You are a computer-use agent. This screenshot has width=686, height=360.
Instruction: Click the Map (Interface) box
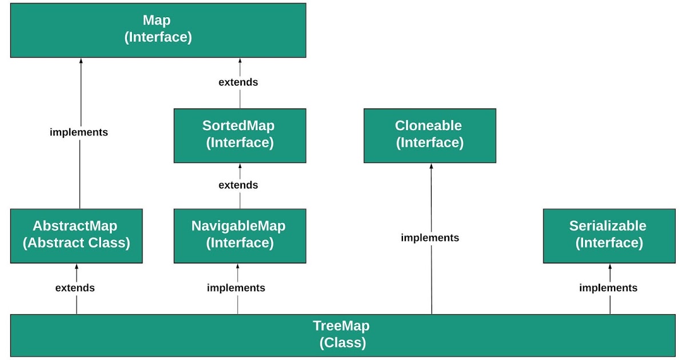[158, 30]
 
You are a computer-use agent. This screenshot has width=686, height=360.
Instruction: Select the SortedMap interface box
[240, 135]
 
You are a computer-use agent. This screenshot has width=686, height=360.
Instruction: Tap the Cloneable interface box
[429, 135]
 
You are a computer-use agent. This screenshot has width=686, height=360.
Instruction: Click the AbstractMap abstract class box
[76, 235]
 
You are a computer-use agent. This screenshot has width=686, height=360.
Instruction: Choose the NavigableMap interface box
[240, 235]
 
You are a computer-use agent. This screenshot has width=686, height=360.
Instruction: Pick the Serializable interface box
[609, 235]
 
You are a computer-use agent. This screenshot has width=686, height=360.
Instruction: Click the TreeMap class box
[341, 335]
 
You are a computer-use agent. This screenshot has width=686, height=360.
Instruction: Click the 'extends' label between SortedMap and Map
[238, 82]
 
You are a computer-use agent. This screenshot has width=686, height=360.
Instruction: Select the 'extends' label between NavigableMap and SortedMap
[238, 185]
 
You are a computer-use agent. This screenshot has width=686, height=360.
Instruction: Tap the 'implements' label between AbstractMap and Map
[79, 132]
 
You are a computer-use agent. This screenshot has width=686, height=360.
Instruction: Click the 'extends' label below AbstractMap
[75, 288]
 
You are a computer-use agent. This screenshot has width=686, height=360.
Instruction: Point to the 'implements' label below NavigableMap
[236, 288]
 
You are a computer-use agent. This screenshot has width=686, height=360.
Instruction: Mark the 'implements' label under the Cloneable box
[430, 238]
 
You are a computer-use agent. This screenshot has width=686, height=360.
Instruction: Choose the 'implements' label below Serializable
[608, 288]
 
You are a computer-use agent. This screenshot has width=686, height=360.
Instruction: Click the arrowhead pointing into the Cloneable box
[432, 166]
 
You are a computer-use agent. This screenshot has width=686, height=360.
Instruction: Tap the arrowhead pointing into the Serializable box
[610, 267]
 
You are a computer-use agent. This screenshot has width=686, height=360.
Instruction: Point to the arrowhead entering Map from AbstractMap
[80, 61]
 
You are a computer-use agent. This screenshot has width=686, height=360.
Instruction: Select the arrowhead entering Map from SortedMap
[240, 61]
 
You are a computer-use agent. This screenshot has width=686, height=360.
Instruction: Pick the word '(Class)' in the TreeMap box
[341, 343]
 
